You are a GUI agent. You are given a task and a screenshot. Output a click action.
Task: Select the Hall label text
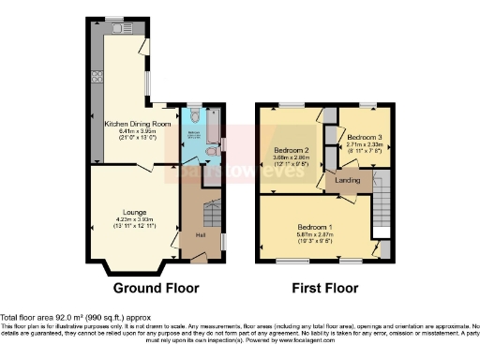[x=200, y=234]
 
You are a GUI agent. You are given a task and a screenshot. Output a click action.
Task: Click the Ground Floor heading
[x=154, y=288]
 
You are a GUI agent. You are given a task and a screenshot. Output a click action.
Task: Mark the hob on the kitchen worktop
[x=96, y=82]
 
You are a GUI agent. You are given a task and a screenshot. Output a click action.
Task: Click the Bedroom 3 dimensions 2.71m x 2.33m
[x=360, y=145]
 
